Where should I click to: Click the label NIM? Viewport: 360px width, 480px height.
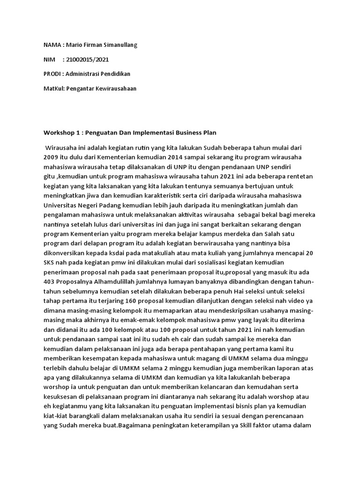(x=49, y=60)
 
